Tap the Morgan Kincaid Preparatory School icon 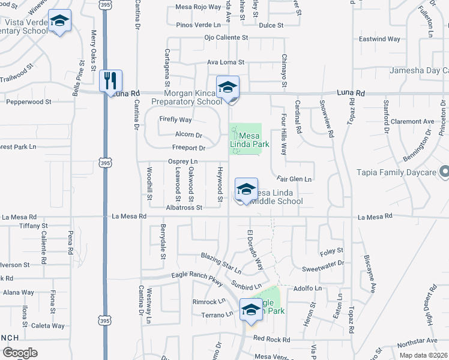(x=228, y=87)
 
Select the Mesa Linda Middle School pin (x=246, y=189)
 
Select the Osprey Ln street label (x=182, y=161)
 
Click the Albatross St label (x=184, y=207)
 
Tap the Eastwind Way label (x=379, y=39)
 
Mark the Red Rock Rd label (x=271, y=338)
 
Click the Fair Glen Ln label (x=294, y=179)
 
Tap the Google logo (x=19, y=353)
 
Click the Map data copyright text (x=423, y=355)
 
